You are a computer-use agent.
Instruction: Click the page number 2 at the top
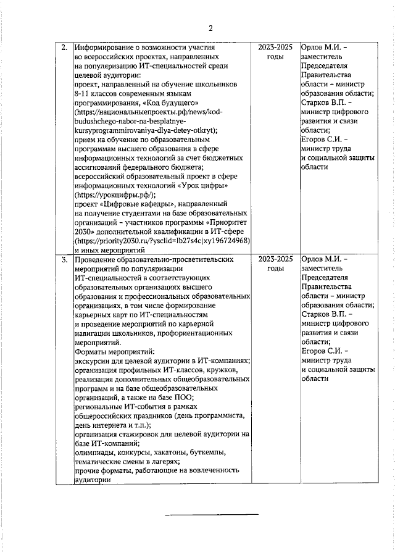(210, 28)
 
